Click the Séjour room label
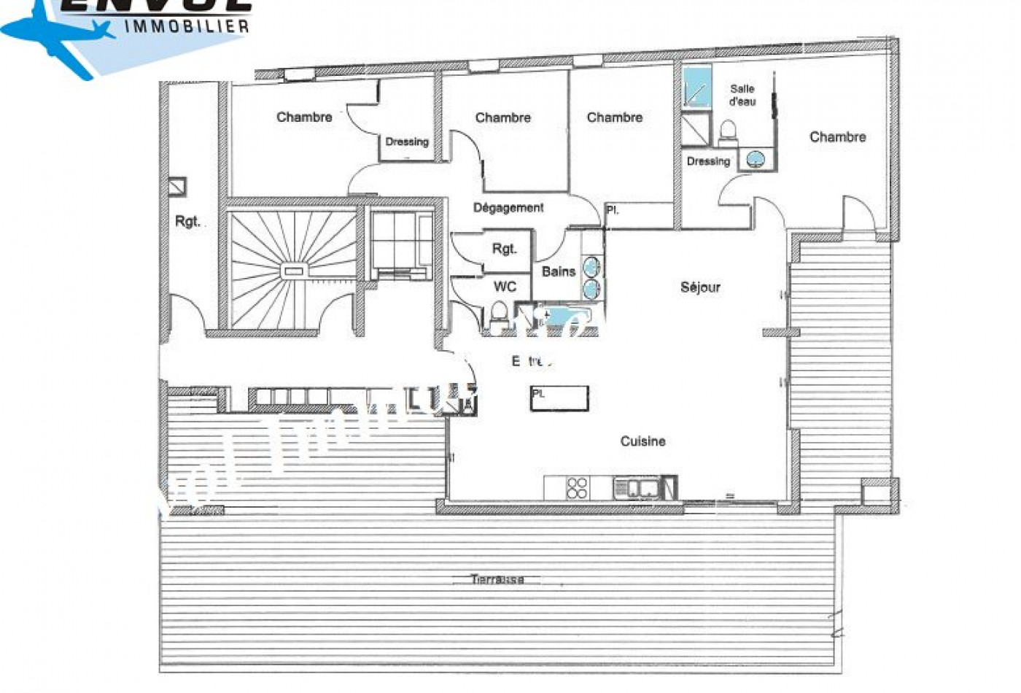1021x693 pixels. (x=700, y=287)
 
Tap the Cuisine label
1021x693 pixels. (x=643, y=441)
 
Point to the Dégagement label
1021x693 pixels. (x=508, y=208)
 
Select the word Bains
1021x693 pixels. (x=559, y=271)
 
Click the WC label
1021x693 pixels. (x=505, y=287)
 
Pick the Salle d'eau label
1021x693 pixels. (x=742, y=96)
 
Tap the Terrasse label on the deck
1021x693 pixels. (x=497, y=580)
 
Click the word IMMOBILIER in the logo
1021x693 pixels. (x=187, y=26)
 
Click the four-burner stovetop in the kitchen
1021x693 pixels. (x=577, y=488)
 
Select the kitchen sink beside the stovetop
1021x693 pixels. (x=637, y=488)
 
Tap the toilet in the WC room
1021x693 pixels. (x=499, y=317)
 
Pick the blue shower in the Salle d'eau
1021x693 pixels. (x=696, y=87)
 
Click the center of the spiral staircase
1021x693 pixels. (x=293, y=271)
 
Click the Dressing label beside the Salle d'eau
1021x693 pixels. (x=708, y=161)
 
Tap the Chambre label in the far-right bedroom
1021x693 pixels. (x=837, y=137)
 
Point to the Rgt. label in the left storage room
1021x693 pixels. (x=187, y=221)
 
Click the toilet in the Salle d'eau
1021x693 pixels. (x=727, y=132)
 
